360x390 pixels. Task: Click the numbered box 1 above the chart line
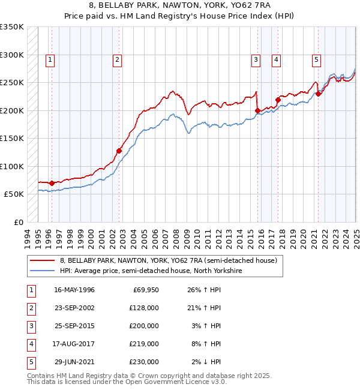(50, 59)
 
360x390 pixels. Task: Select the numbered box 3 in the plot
(256, 59)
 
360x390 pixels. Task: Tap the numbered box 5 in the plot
(316, 59)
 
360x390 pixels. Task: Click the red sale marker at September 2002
(119, 151)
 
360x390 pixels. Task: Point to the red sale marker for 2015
(257, 110)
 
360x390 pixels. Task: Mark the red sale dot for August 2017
(278, 100)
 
